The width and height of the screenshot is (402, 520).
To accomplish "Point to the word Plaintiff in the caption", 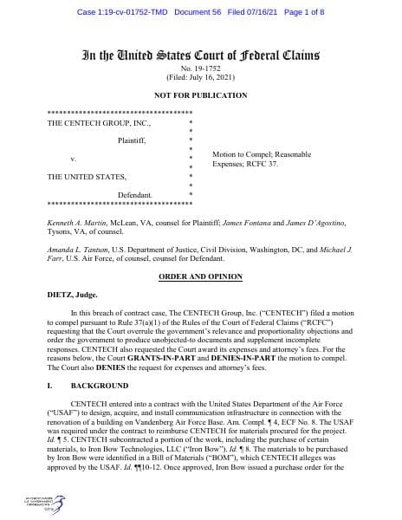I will (x=134, y=140).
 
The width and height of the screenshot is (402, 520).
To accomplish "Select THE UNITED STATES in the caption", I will (x=86, y=178).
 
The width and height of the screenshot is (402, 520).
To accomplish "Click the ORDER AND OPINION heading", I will (x=201, y=275).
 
